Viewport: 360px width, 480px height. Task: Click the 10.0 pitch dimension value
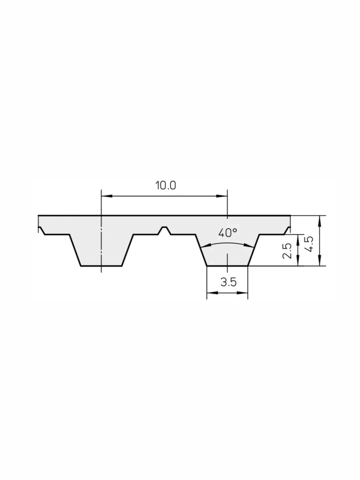(x=165, y=185)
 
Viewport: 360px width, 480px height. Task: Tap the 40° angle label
(x=227, y=233)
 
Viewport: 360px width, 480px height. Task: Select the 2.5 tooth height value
(x=287, y=250)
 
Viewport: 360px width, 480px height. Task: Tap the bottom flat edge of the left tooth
(x=101, y=266)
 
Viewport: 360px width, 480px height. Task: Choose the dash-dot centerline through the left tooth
(x=102, y=245)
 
